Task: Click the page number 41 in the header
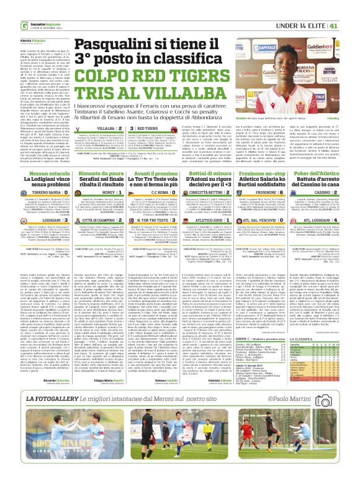pyautogui.click(x=351, y=8)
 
